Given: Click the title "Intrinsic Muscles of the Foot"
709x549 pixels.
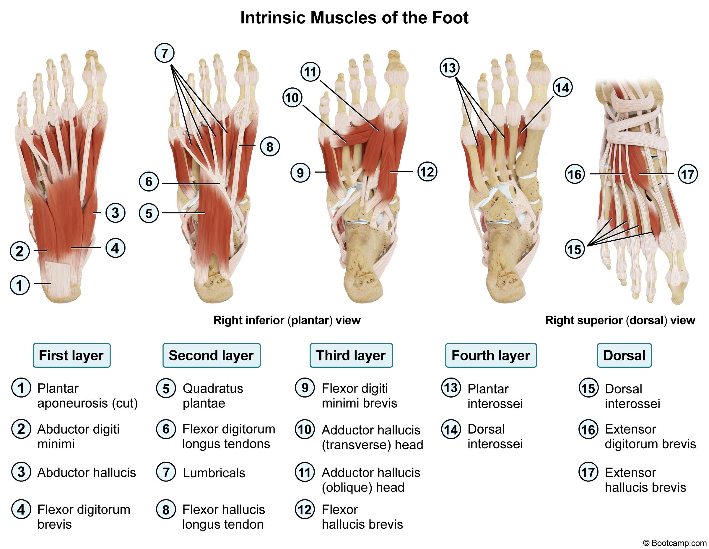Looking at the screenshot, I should (x=354, y=17).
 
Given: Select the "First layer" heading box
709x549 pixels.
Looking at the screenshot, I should (x=71, y=355).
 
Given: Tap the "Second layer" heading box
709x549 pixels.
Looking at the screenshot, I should (x=211, y=355).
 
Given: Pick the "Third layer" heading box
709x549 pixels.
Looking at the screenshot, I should (x=351, y=355).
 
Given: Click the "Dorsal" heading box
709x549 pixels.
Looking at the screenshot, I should (x=624, y=355).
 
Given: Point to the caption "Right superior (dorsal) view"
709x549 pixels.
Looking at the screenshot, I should (x=620, y=320).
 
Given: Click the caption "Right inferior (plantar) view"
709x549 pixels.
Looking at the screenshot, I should (x=287, y=320).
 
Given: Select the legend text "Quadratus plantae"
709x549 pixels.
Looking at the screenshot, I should (x=213, y=396).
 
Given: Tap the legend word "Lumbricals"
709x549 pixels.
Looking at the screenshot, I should (x=214, y=473).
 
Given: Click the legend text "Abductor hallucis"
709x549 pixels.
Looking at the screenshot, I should (x=86, y=473).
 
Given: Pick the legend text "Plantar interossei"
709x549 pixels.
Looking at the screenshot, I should (x=495, y=396).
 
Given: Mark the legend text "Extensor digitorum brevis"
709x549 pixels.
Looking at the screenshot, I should (x=650, y=437).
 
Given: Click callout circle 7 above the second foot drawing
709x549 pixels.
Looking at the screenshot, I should (x=165, y=53).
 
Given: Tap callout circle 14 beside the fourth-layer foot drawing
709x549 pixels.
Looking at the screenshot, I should (x=562, y=88).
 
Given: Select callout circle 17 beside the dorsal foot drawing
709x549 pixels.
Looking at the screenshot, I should (x=687, y=174).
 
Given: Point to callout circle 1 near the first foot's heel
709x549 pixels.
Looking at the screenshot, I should (x=20, y=285).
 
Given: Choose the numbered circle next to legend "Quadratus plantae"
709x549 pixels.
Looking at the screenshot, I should (x=166, y=388).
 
